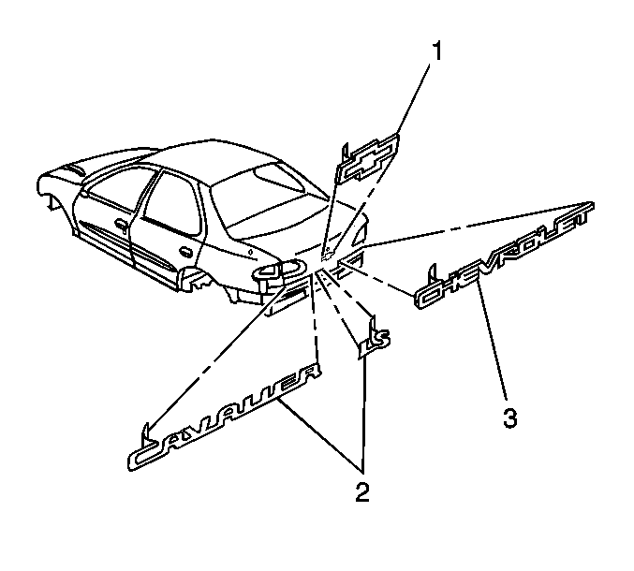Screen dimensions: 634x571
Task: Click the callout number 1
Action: tap(436, 51)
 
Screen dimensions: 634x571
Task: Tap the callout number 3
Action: tap(509, 417)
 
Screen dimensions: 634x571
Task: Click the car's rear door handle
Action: tap(185, 252)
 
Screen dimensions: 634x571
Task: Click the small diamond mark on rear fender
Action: tap(251, 252)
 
